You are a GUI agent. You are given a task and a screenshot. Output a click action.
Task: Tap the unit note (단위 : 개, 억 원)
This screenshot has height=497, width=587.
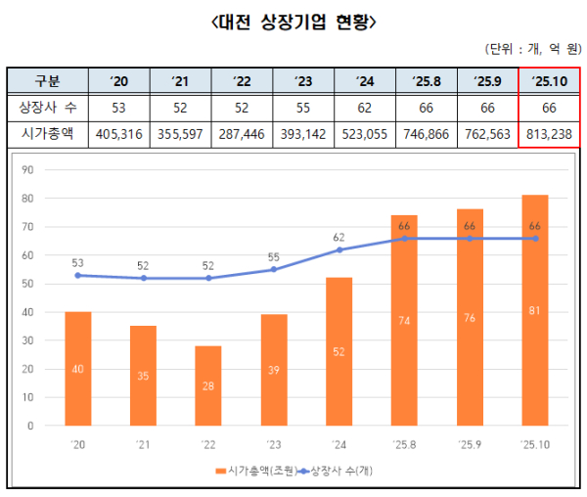point(531,49)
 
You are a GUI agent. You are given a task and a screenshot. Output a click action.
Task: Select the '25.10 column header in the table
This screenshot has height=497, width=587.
point(549,80)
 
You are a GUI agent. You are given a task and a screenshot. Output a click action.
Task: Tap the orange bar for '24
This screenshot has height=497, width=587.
point(339,352)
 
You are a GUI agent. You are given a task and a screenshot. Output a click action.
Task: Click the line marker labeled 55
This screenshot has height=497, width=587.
point(274,269)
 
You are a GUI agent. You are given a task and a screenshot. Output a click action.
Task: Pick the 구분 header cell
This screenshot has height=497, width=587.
point(46,80)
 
